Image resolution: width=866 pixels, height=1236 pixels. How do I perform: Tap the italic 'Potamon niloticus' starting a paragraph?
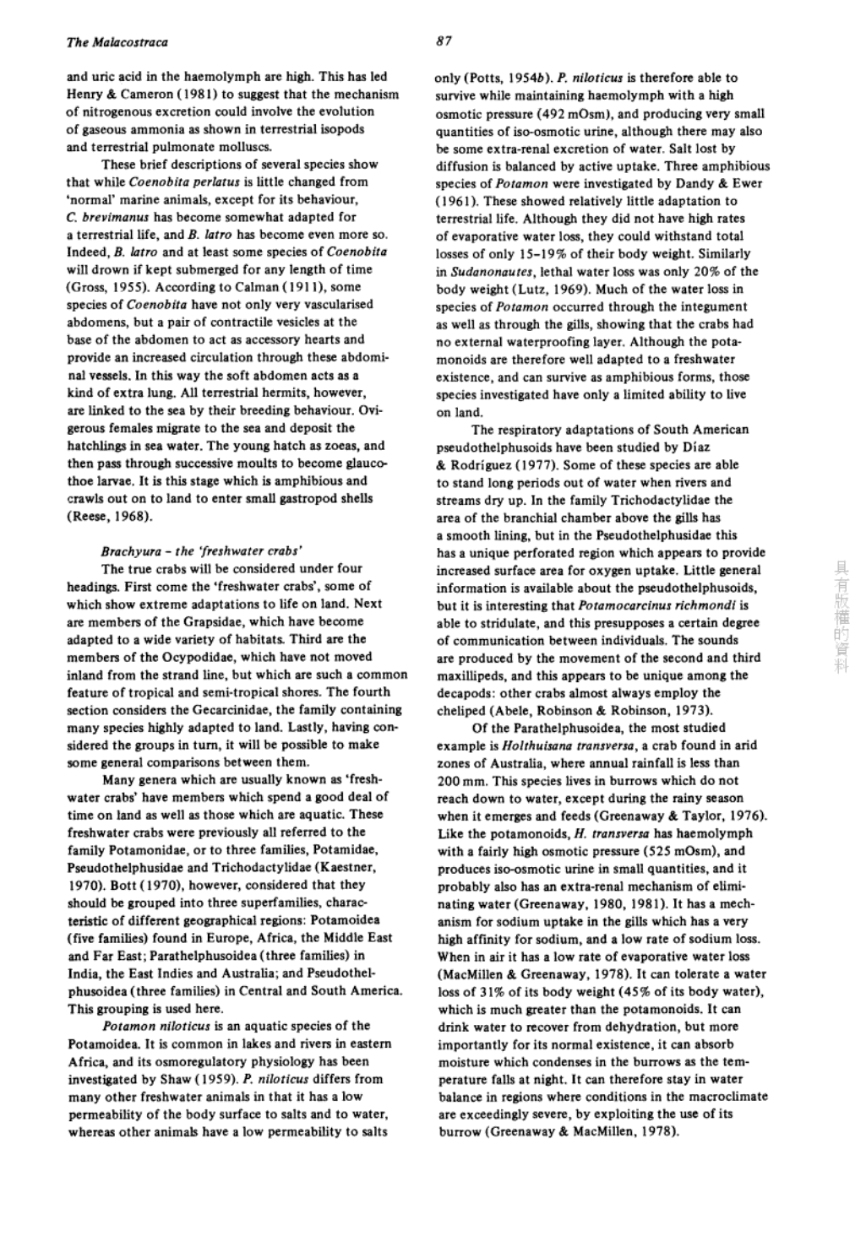[x=151, y=1026]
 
